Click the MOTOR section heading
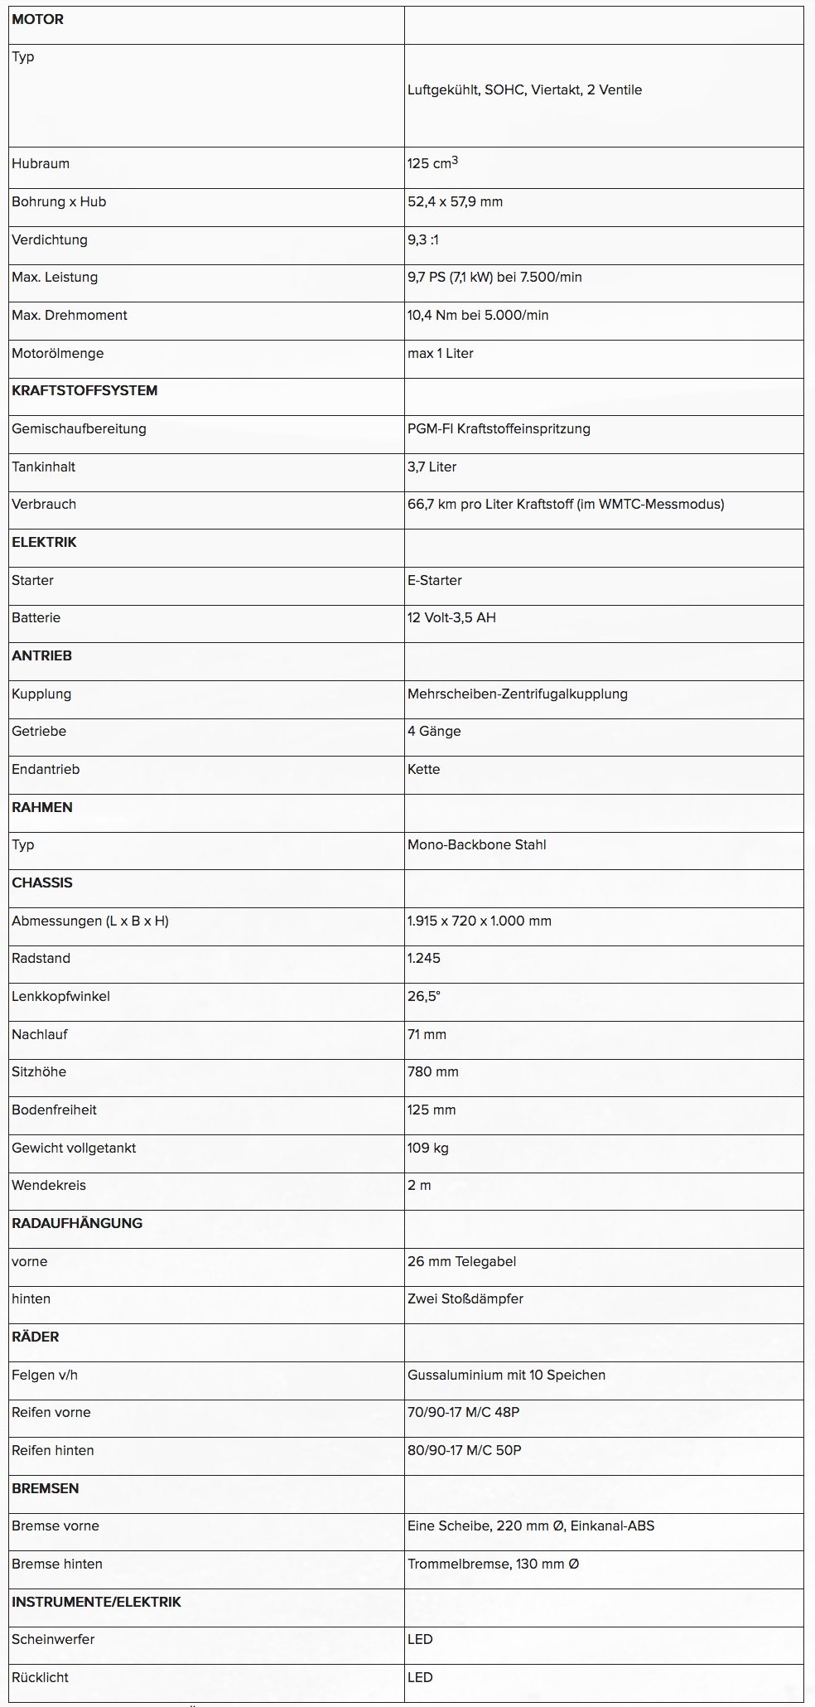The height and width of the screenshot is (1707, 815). [x=37, y=20]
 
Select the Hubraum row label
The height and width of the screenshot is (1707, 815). [x=41, y=164]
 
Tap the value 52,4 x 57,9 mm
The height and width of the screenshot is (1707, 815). [x=455, y=202]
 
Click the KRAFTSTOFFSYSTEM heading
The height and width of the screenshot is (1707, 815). [x=84, y=391]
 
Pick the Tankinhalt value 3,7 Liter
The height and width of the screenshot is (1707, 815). [x=432, y=467]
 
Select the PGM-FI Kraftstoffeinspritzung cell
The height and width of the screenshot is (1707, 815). [x=499, y=429]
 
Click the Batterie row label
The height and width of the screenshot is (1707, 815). [x=36, y=618]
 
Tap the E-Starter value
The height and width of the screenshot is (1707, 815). [x=435, y=581]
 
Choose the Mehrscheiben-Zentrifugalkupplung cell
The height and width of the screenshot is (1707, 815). [x=517, y=694]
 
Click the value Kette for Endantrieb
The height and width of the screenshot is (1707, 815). [x=423, y=770]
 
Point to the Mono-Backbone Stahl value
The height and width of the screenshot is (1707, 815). [x=476, y=845]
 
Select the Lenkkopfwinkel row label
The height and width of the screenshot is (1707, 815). [x=60, y=997]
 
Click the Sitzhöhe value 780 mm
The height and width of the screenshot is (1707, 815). [x=432, y=1072]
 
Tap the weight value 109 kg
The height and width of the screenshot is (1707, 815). [x=428, y=1148]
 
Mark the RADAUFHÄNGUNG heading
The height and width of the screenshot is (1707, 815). [x=77, y=1224]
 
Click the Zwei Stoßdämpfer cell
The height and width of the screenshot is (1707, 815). [x=465, y=1299]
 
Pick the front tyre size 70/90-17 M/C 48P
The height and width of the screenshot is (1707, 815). [x=463, y=1413]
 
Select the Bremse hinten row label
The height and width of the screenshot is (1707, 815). [x=57, y=1564]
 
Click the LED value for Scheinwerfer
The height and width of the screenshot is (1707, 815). [x=420, y=1640]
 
